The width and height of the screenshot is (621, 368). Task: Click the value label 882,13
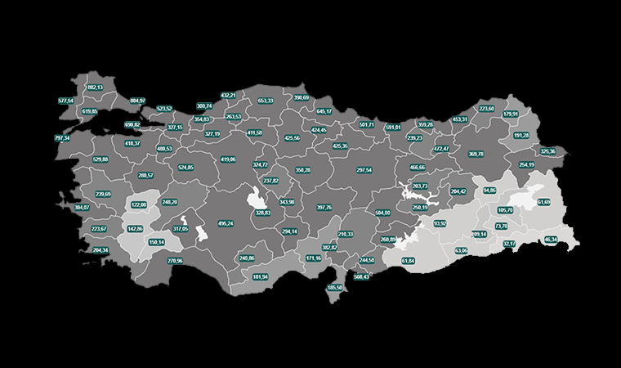[x=95, y=88]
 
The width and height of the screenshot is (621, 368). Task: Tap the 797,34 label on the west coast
[x=62, y=139]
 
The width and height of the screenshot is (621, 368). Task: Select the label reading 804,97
[x=137, y=101]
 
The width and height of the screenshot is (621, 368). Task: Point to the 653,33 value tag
[x=266, y=101]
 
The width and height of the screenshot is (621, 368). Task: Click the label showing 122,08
[x=138, y=204]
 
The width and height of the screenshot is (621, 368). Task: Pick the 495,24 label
[x=226, y=223]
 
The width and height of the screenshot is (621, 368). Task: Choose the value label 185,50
[x=334, y=288]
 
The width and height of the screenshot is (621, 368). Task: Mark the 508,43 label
[x=361, y=276]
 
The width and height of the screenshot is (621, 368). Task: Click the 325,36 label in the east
[x=547, y=151]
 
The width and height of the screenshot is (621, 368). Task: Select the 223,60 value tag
[x=486, y=109]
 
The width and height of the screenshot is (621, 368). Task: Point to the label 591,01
[x=393, y=128]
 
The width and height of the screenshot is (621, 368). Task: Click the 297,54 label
[x=364, y=170]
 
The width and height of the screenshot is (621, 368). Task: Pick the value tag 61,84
[x=409, y=261]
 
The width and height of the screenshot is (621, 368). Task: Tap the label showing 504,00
[x=382, y=213]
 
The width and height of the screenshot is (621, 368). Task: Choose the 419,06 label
[x=228, y=159]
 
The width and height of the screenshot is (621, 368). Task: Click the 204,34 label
[x=100, y=250]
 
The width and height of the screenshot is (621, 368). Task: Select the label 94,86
[x=489, y=191]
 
